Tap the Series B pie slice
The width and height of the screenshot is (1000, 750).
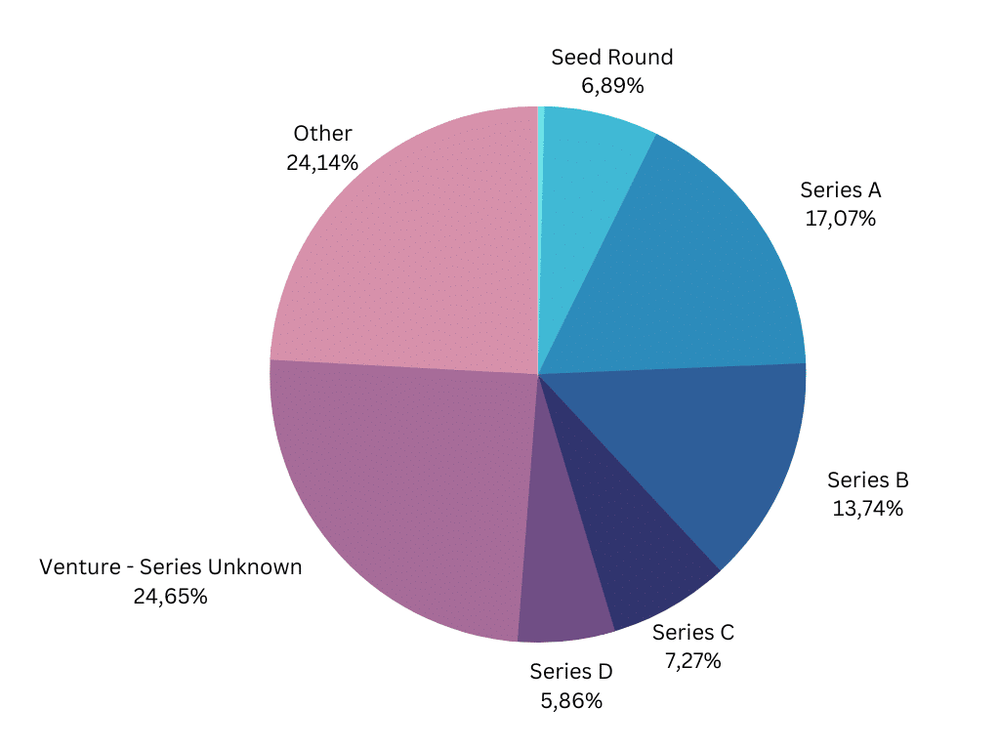coord(703,449)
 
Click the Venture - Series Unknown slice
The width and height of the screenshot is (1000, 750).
coord(400,488)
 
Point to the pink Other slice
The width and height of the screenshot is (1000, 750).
coord(410,254)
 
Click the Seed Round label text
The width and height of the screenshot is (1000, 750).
coord(612,57)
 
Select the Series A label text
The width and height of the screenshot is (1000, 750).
coord(840,189)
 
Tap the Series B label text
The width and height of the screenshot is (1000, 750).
coord(867,479)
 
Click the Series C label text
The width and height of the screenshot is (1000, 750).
coord(692,632)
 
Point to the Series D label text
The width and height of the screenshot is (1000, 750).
coord(570,671)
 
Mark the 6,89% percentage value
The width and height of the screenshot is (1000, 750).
coord(612,86)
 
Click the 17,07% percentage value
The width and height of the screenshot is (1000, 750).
coord(840,219)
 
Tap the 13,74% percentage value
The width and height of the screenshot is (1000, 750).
coord(867,509)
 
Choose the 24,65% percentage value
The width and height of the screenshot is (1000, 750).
coord(170,596)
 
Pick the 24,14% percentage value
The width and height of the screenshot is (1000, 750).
coord(322,162)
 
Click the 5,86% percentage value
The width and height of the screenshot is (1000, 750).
coord(570,700)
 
